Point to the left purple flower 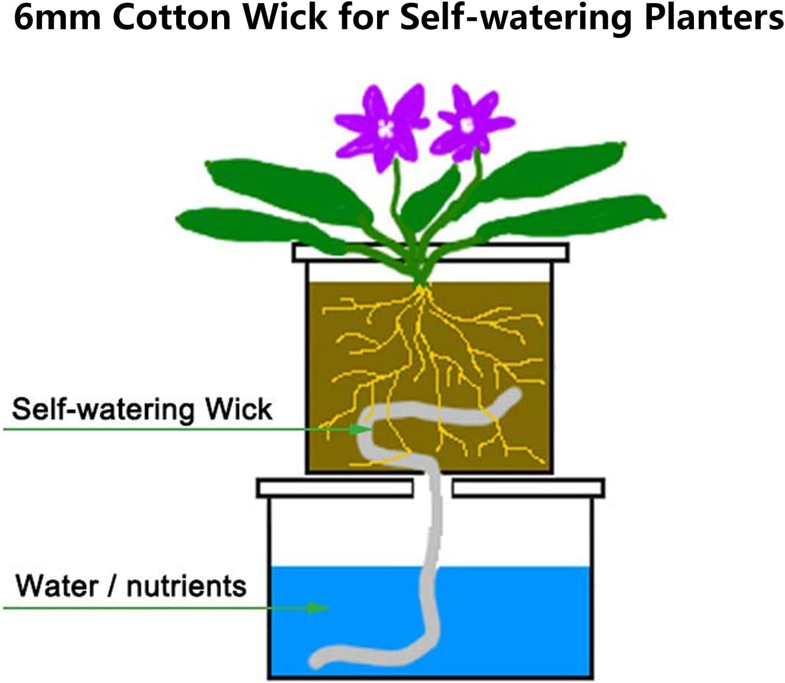tap(383, 127)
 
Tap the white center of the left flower tap(385, 129)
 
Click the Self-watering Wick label tap(142, 409)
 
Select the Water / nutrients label tap(131, 586)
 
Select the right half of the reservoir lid tap(528, 488)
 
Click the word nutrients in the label tap(186, 586)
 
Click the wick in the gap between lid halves tap(433, 488)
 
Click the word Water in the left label tap(57, 586)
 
